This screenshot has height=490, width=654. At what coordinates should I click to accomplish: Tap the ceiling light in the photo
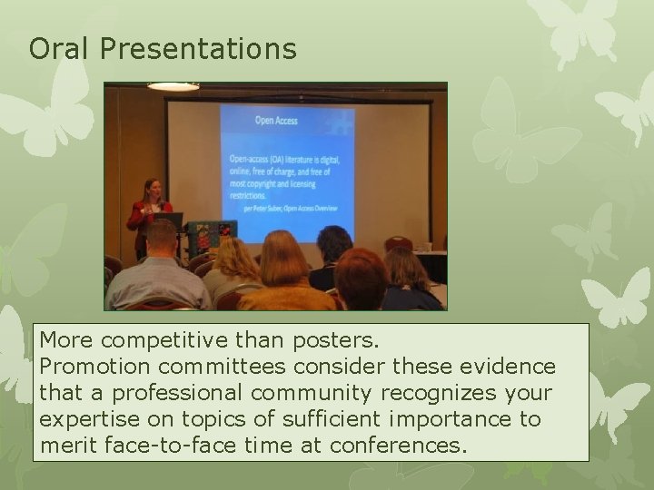[173, 87]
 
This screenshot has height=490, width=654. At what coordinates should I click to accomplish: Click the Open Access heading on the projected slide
[275, 120]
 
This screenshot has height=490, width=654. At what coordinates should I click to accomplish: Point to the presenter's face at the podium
[151, 188]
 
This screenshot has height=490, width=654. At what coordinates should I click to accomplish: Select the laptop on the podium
[170, 220]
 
